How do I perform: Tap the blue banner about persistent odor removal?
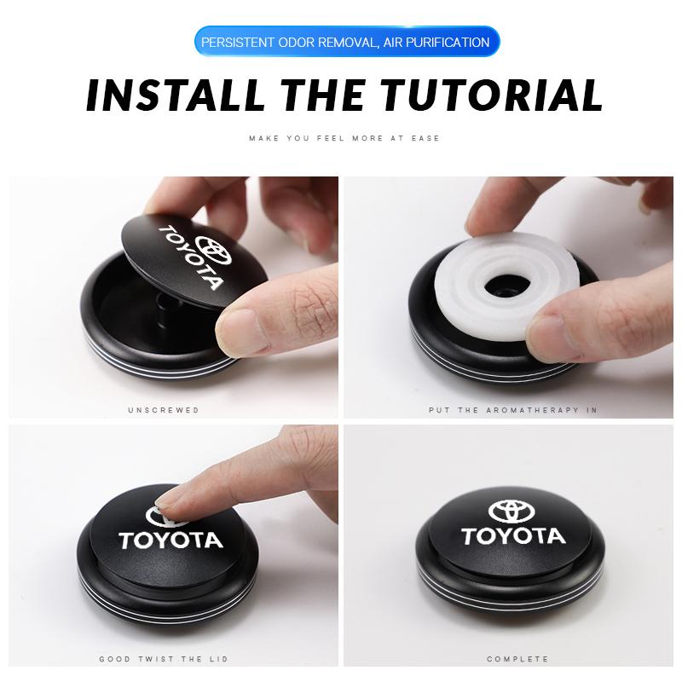(345, 42)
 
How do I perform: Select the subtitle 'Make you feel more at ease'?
(344, 138)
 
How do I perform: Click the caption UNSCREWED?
(164, 410)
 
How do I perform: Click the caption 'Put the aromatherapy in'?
(513, 410)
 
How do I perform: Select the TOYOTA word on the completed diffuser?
(513, 537)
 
